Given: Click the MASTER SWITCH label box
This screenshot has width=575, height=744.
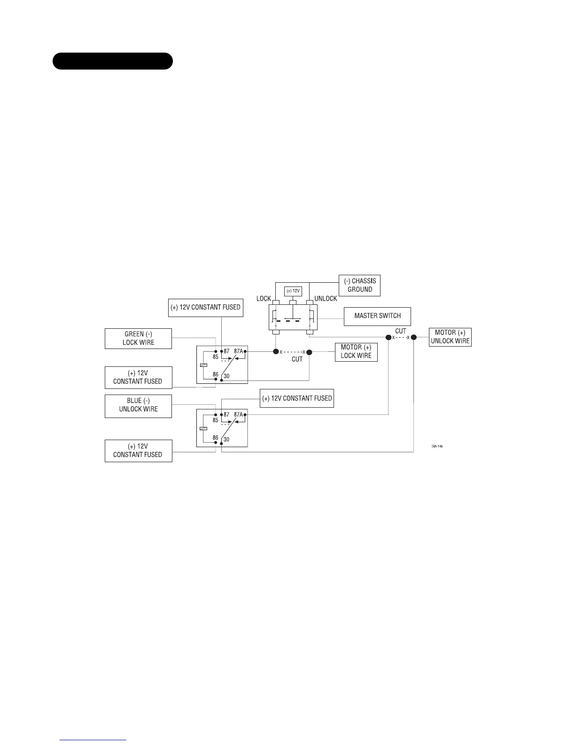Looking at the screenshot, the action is [x=377, y=316].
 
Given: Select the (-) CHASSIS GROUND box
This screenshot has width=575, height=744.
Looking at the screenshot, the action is [x=359, y=285].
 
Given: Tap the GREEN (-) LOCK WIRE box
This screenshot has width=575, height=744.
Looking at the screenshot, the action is [x=138, y=338].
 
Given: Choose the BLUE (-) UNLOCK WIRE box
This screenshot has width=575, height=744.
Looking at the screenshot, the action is [x=138, y=405].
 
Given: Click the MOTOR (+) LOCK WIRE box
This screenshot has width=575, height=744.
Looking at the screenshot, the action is [x=356, y=351].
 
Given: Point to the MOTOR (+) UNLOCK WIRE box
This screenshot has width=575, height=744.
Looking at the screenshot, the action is [x=450, y=337].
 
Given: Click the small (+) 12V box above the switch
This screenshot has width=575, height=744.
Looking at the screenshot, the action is [x=293, y=291].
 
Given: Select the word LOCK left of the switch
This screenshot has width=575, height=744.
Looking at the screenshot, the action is [x=264, y=299].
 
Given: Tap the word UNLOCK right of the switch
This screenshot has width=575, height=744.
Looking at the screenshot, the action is [x=326, y=299].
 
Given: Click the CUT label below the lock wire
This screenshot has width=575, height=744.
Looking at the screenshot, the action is [x=297, y=359].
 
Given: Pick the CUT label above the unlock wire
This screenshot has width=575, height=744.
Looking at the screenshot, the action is [x=400, y=331].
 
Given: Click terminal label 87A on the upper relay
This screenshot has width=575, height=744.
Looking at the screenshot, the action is [x=238, y=351].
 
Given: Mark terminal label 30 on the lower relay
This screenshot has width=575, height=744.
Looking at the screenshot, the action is [x=226, y=439].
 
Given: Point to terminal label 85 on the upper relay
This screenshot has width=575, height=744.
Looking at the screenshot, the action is [x=215, y=356].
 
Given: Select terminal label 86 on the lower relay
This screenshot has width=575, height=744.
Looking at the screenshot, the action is [x=215, y=438].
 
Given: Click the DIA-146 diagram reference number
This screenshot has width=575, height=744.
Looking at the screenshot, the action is [x=437, y=446].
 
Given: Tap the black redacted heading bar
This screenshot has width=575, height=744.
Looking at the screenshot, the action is [x=112, y=61].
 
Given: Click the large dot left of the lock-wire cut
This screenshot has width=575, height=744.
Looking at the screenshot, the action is [x=276, y=352].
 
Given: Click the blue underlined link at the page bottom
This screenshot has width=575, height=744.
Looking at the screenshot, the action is [x=93, y=740].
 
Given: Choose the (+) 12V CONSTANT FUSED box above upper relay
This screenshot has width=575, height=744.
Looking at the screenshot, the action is [x=205, y=308].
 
